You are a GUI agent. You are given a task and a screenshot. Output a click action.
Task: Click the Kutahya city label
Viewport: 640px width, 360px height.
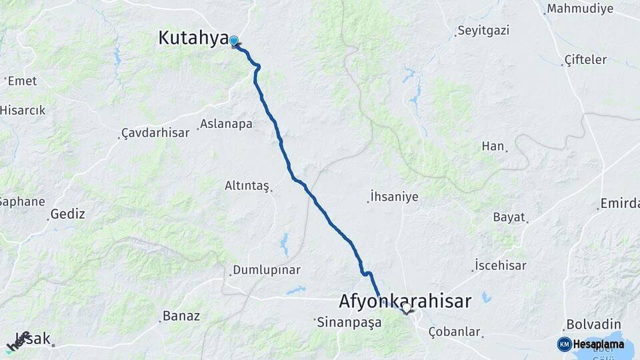[193, 38]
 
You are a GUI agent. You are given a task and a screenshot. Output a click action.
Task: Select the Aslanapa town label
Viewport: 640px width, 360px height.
[226, 125]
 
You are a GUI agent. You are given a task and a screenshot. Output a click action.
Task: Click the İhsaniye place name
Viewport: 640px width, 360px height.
[395, 197]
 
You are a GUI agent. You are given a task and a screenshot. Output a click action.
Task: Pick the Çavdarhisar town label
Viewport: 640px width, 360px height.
[155, 133]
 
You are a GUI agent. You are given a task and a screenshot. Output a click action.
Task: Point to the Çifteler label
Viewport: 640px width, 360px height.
[585, 59]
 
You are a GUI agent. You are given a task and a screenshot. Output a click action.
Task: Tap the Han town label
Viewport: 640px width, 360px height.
[493, 146]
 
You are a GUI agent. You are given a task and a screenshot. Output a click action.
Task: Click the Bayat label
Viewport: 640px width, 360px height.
[509, 217]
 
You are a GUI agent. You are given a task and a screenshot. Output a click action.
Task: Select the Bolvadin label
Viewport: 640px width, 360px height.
[589, 325]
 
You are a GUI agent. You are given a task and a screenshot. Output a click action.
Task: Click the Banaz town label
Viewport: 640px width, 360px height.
[181, 316]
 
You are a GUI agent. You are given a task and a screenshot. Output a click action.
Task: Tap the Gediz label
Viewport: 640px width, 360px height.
[68, 214]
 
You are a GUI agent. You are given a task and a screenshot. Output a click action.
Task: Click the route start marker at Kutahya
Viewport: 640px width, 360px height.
[233, 41]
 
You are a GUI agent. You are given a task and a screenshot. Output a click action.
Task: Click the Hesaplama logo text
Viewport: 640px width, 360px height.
[598, 344]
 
